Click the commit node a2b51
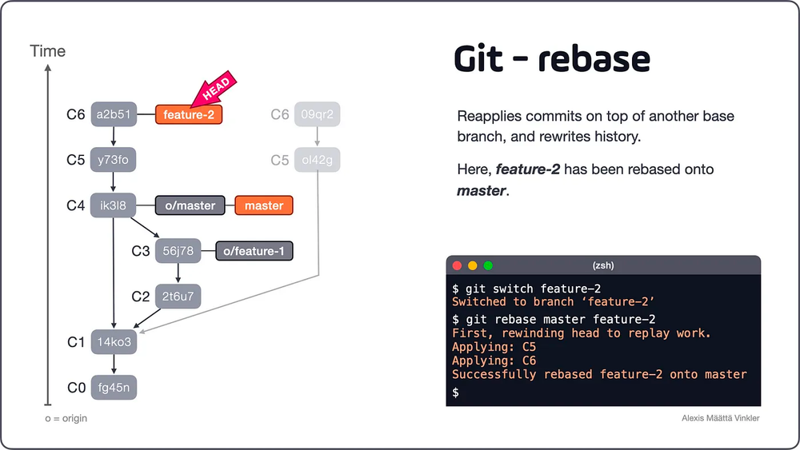point(113,114)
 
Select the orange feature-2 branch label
point(189,115)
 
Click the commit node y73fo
point(113,160)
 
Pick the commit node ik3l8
point(113,205)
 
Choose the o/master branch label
point(190,205)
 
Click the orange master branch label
point(264,205)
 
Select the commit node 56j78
point(178,251)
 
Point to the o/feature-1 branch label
point(254,251)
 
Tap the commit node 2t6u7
point(178,297)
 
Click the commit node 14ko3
point(113,342)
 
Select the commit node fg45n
point(113,388)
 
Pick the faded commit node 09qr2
point(317,114)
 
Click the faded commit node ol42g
point(317,160)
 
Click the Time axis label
point(48,51)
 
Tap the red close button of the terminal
point(458,265)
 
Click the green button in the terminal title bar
point(488,265)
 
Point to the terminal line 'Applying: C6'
point(494,360)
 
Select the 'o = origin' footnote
point(66,418)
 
